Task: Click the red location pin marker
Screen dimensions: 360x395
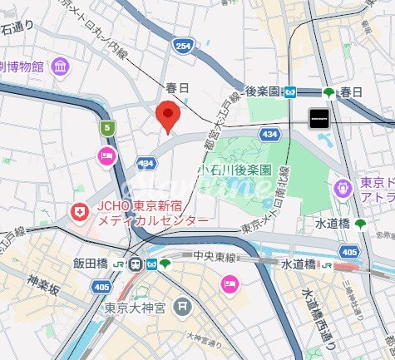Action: tap(169, 116)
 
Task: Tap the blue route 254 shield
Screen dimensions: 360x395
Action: tap(183, 47)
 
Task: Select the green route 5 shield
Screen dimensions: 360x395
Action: tap(106, 127)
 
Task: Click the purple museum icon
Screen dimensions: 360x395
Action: tap(60, 65)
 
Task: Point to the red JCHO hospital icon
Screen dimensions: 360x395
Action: tap(80, 213)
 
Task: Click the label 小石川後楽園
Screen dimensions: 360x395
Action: tap(235, 169)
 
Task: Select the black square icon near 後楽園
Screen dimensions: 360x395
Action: tap(319, 118)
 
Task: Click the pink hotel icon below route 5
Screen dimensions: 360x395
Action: tap(106, 155)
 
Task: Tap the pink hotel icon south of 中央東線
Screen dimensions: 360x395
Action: tap(228, 285)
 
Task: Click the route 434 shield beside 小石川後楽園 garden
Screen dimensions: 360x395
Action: tap(268, 133)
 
